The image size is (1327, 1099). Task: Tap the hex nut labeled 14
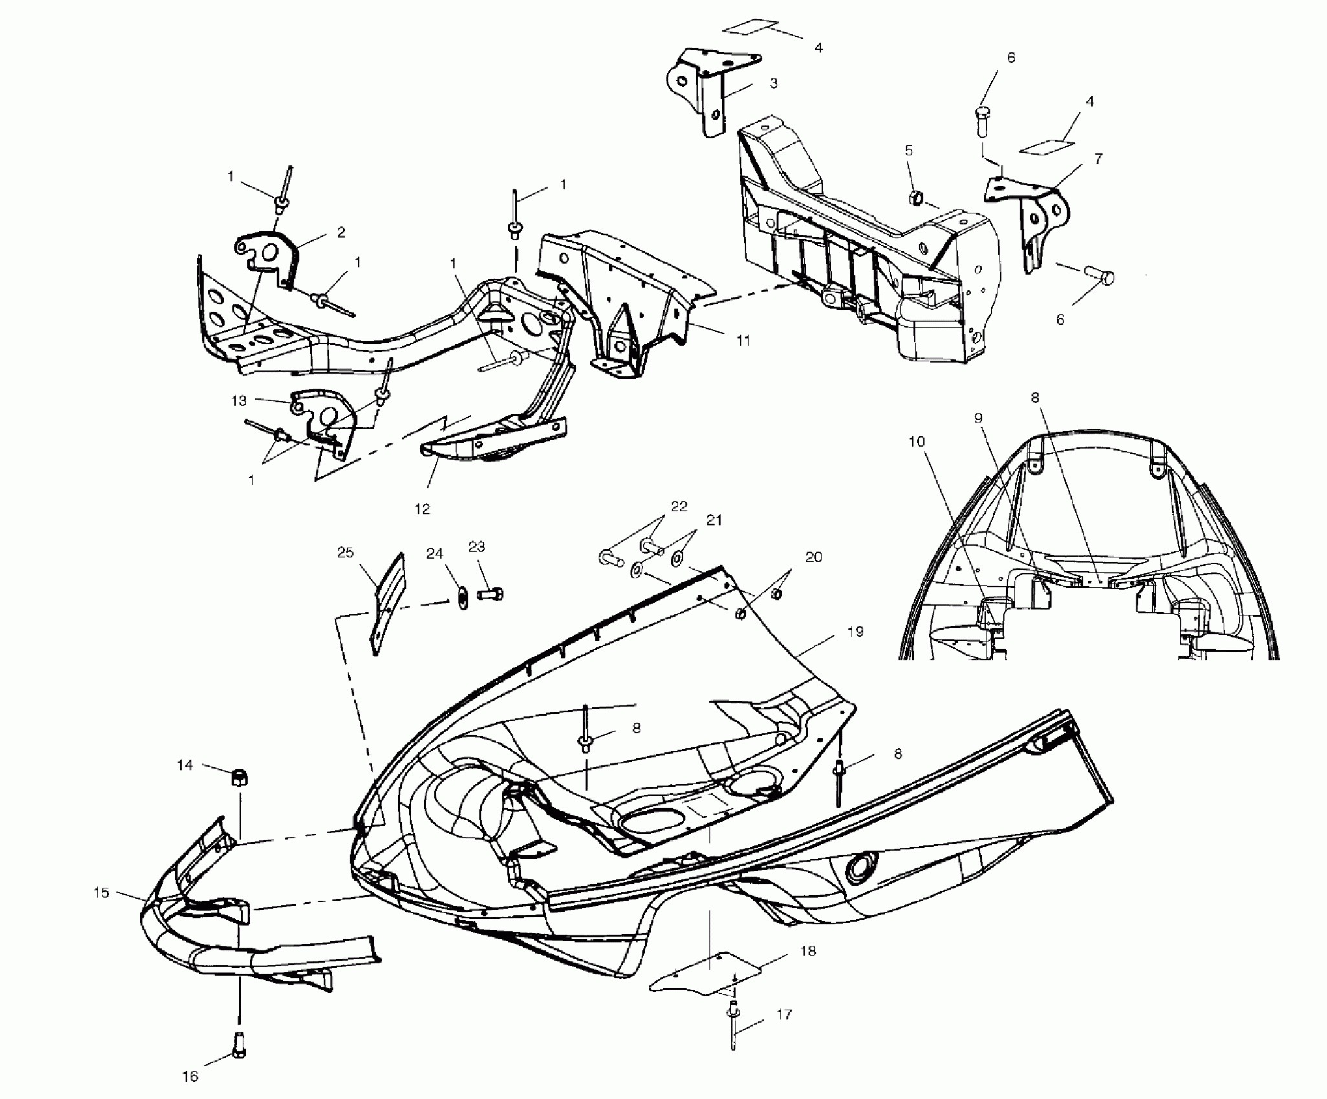(x=238, y=777)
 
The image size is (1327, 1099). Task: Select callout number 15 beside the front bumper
(x=102, y=893)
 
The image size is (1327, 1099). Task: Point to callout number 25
(x=345, y=553)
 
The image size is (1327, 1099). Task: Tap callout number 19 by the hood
(x=855, y=632)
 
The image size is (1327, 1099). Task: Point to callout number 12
(x=422, y=509)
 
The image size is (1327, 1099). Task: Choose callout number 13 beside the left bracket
(x=239, y=401)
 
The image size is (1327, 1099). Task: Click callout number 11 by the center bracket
(x=744, y=340)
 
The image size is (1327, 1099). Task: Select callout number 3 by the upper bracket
(x=773, y=83)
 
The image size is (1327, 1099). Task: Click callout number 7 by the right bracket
(x=1099, y=158)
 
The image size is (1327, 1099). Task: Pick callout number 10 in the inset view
(x=916, y=442)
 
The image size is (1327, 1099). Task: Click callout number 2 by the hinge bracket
(x=341, y=232)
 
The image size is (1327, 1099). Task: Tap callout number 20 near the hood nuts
(x=814, y=557)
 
